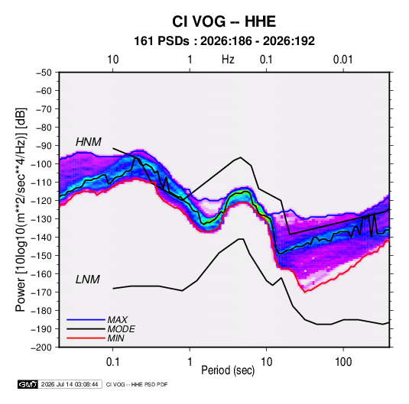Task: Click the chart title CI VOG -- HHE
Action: pos(224,21)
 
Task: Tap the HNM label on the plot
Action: pos(89,142)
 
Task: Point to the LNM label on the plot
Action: pos(88,280)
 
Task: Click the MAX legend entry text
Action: pos(118,319)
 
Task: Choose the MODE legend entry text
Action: pos(121,329)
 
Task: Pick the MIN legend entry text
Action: pos(115,338)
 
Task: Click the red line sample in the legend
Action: pos(86,338)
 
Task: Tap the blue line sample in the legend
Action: pos(86,319)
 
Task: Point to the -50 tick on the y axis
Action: pos(44,73)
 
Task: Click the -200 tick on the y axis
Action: pos(41,347)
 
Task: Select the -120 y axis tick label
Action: pos(41,201)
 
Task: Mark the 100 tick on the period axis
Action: pos(343,362)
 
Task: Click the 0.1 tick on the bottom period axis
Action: pos(112,362)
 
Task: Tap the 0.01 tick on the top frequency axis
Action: pos(343,60)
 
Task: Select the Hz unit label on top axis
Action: pos(228,60)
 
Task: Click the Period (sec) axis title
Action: pos(228,370)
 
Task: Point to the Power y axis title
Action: pos(21,210)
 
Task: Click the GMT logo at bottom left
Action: pos(28,384)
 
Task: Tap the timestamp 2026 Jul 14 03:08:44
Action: pos(70,384)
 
